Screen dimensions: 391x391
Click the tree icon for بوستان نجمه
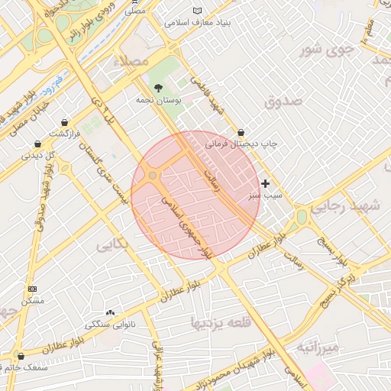pyautogui.click(x=158, y=88)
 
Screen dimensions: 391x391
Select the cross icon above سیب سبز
pyautogui.click(x=265, y=183)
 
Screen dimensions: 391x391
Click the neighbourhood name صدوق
pyautogui.click(x=284, y=100)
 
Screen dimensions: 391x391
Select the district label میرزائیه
pyautogui.click(x=318, y=349)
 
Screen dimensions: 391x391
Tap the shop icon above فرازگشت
pyautogui.click(x=66, y=122)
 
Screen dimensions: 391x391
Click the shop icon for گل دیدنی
pyautogui.click(x=37, y=144)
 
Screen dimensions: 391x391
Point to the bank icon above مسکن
pyautogui.click(x=31, y=289)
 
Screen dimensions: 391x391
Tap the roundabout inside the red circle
pyautogui.click(x=153, y=176)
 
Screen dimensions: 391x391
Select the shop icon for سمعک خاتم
pyautogui.click(x=21, y=356)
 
